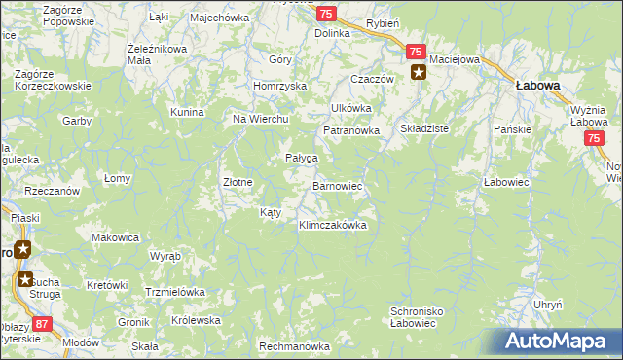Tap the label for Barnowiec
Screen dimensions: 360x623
[337, 185]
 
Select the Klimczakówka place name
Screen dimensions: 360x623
[332, 225]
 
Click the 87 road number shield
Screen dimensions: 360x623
[41, 323]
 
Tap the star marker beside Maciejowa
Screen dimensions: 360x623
[419, 72]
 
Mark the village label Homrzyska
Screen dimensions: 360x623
[279, 86]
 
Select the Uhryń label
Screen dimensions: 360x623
[548, 305]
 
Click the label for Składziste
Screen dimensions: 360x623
[423, 128]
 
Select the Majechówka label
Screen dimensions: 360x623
[220, 18]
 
